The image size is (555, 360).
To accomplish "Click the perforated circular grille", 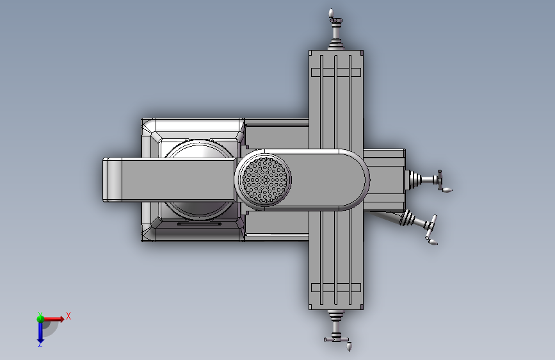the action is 265,179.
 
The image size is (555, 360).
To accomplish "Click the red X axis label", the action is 68,316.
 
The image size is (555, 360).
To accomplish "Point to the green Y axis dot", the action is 40,319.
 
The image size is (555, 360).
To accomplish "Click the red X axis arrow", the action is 54,319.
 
